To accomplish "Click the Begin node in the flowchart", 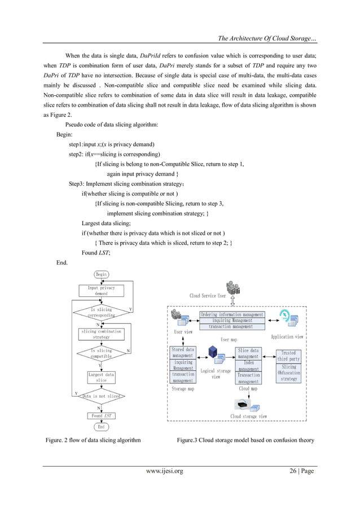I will pyautogui.click(x=101, y=274).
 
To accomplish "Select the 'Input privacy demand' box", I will pyautogui.click(x=101, y=291).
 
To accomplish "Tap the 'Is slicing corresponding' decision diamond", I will pyautogui.click(x=101, y=312).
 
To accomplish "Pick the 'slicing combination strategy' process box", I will pyautogui.click(x=101, y=334).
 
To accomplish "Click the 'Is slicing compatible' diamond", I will pyautogui.click(x=101, y=353).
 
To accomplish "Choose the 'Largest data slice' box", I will pyautogui.click(x=101, y=377).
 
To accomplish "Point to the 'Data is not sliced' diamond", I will pyautogui.click(x=101, y=396).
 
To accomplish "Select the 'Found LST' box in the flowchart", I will pyautogui.click(x=101, y=415).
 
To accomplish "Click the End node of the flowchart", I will pyautogui.click(x=101, y=427).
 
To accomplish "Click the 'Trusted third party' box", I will pyautogui.click(x=288, y=356).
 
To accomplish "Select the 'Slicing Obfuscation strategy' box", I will pyautogui.click(x=288, y=372).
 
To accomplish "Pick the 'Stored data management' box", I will pyautogui.click(x=182, y=353).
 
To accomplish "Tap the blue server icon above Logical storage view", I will pyautogui.click(x=213, y=353).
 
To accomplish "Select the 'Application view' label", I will pyautogui.click(x=287, y=337).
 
